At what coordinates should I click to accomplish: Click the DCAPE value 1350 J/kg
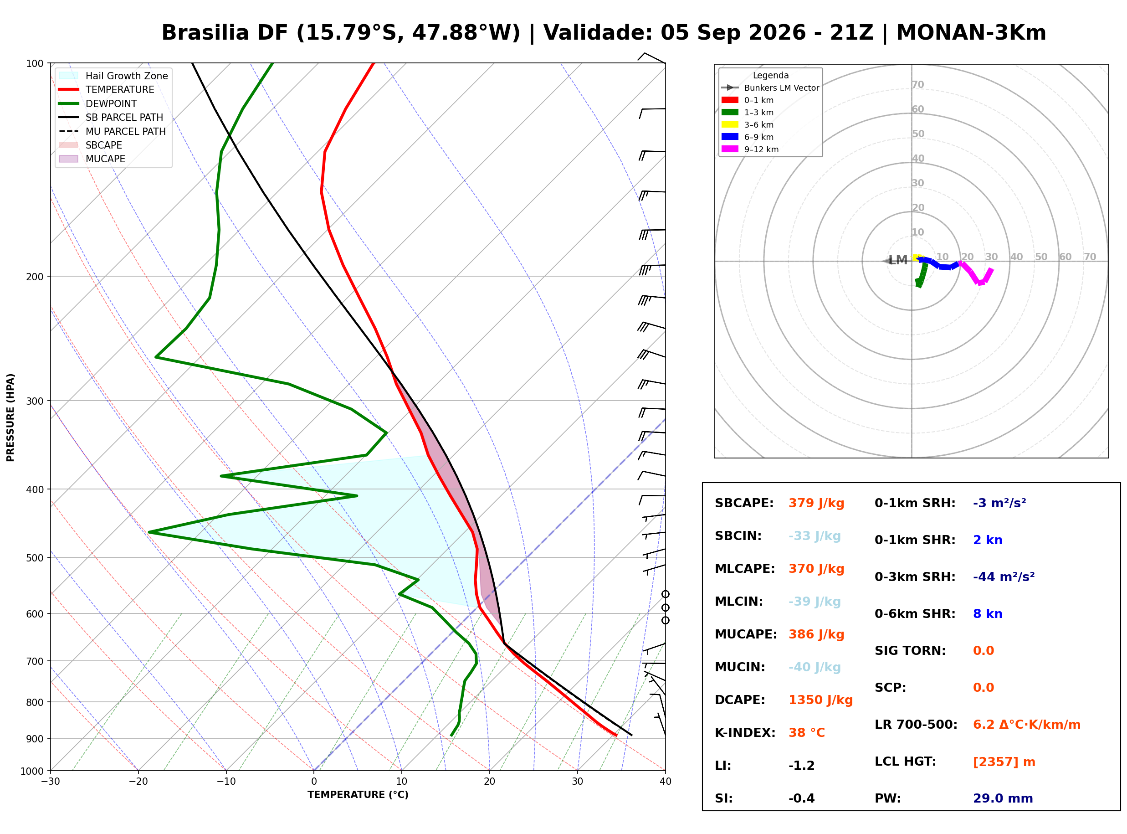pos(820,700)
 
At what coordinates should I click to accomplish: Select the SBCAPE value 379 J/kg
pos(816,503)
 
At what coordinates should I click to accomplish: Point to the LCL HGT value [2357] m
pos(1004,762)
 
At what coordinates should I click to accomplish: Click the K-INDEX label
pos(745,733)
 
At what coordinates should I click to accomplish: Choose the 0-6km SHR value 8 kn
pos(987,614)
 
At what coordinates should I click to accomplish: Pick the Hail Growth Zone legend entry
pos(113,76)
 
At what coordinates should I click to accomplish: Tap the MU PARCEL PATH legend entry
pos(112,131)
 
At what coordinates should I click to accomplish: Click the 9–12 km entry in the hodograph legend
pos(750,149)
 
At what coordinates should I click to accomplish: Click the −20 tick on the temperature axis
pos(138,782)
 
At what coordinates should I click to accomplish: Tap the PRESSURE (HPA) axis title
pos(10,417)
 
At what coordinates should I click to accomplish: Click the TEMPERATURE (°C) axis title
pos(358,795)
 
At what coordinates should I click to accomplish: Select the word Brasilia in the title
pos(205,33)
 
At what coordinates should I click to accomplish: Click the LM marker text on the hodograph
pos(897,261)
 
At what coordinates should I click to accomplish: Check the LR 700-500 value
pos(1027,725)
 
